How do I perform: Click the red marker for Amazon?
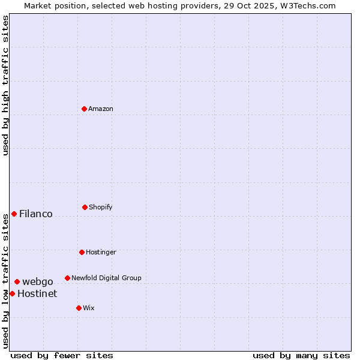click(85, 109)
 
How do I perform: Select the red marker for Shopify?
click(85, 207)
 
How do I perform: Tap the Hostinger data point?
click(82, 252)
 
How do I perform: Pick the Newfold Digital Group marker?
click(67, 278)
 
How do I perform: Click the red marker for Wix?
click(79, 308)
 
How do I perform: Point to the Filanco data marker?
click(14, 214)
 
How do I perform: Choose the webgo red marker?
click(17, 281)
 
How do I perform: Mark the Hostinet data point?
click(12, 293)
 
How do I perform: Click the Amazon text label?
click(101, 109)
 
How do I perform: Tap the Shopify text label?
click(101, 207)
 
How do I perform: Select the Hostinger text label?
click(101, 252)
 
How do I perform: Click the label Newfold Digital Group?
click(106, 278)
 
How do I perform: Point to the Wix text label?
click(89, 308)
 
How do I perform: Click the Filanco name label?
click(36, 214)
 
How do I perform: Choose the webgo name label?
click(38, 281)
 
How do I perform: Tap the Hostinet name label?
click(37, 293)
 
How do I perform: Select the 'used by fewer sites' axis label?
click(62, 355)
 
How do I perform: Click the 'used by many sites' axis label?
click(301, 355)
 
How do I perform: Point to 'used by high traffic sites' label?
click(5, 85)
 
